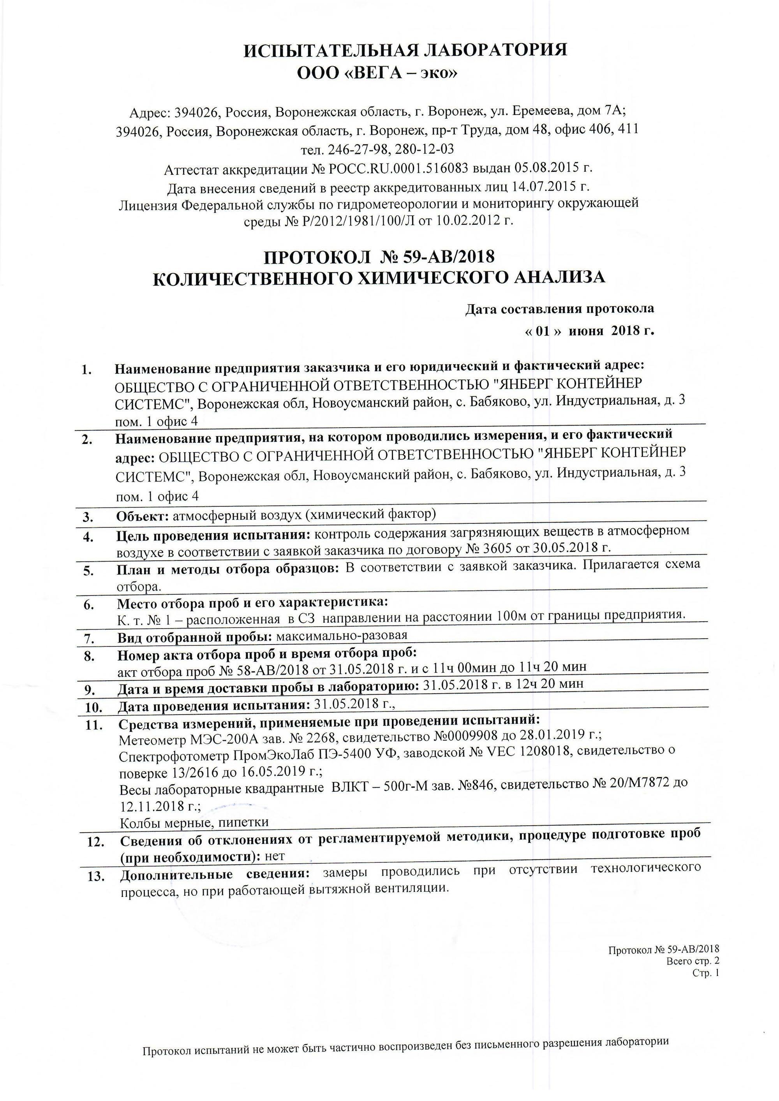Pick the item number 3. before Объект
coord(88,517)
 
